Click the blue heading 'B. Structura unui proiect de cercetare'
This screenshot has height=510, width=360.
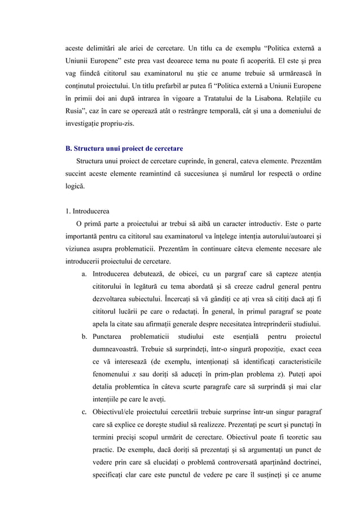coord(124,149)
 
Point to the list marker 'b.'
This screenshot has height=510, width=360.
coord(84,337)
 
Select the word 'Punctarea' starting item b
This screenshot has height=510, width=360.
coord(107,337)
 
